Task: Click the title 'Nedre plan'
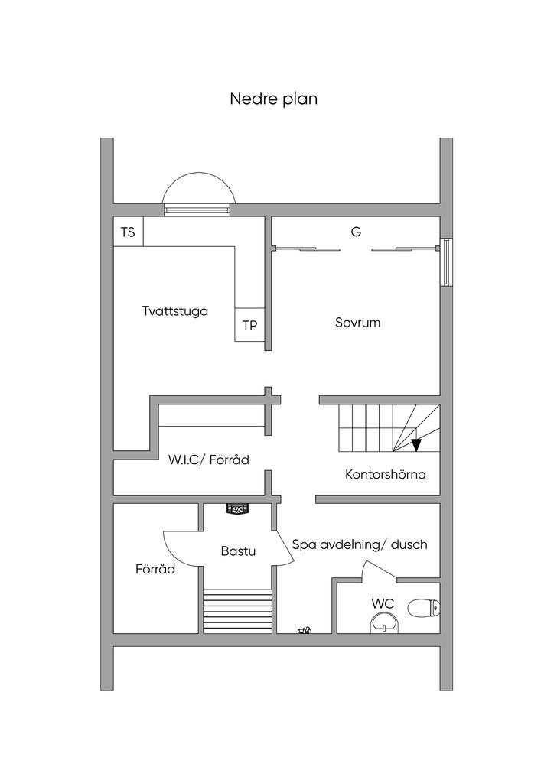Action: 273,99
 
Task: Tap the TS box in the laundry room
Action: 129,232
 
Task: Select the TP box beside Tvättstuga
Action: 249,325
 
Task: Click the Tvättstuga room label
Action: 174,311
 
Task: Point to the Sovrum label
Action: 357,323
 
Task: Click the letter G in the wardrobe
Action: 356,232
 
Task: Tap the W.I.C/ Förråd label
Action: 208,460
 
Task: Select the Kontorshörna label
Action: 386,474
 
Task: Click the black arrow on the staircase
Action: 416,445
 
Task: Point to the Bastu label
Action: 238,551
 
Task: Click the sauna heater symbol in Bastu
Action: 238,508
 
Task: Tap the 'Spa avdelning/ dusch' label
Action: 360,544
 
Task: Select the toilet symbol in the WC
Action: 424,608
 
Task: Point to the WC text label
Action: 383,604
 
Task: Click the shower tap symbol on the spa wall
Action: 305,630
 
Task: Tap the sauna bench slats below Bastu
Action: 238,611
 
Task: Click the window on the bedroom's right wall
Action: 446,262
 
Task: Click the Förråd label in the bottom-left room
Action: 155,569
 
